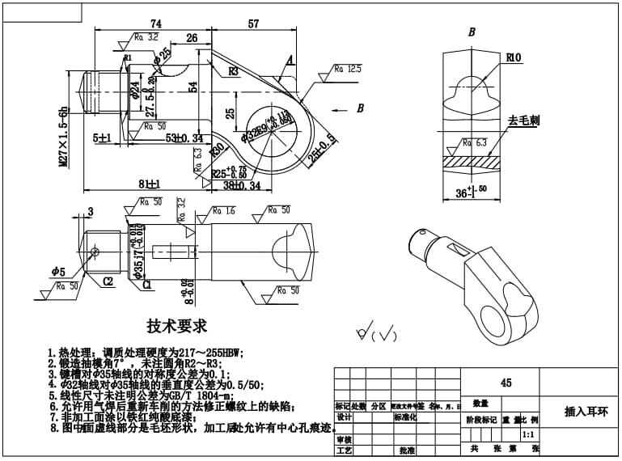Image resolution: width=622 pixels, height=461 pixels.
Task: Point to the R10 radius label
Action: click(x=513, y=58)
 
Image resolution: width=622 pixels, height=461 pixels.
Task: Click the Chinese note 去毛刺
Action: click(x=523, y=121)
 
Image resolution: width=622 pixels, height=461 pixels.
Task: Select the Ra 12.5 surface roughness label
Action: click(x=349, y=70)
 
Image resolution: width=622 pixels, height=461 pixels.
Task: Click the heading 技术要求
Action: click(x=176, y=327)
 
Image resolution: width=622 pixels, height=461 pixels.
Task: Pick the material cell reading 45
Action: click(x=506, y=383)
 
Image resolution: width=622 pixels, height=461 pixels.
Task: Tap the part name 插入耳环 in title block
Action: click(x=585, y=411)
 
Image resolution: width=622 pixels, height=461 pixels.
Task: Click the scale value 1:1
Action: click(x=527, y=434)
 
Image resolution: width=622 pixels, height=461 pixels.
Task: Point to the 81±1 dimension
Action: click(x=141, y=183)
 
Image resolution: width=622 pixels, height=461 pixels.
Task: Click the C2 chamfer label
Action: click(x=108, y=281)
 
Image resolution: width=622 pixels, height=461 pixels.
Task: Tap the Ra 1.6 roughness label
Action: click(x=225, y=211)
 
